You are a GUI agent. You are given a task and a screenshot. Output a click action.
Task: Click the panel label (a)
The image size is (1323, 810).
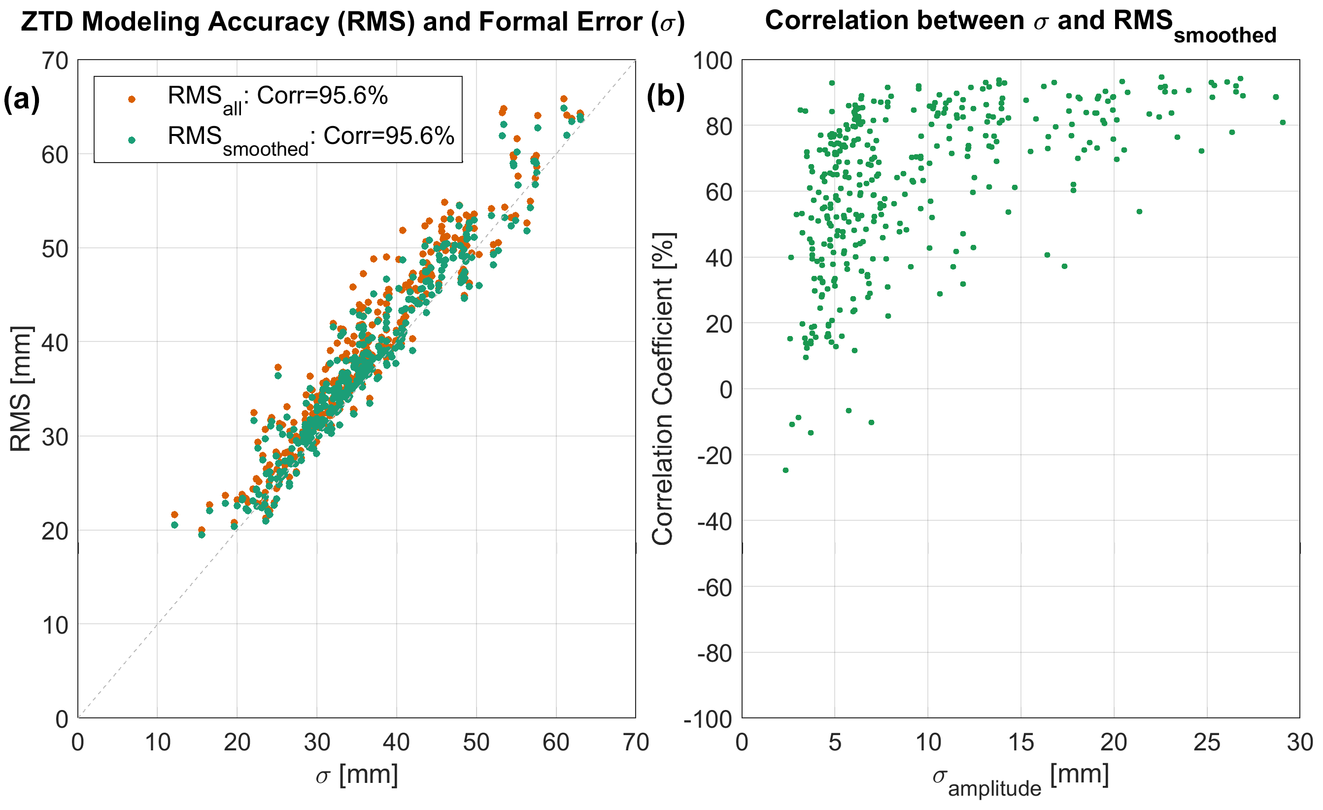pos(22,99)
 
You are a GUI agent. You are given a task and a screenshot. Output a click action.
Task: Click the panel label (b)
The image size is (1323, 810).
pos(665,97)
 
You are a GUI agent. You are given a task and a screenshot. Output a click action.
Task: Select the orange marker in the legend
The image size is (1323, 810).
pos(132,99)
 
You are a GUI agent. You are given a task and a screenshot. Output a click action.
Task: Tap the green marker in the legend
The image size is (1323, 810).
pos(132,140)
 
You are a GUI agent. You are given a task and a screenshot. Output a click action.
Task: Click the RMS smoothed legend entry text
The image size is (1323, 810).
pos(310,138)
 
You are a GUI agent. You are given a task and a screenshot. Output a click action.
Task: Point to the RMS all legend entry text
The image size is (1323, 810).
pos(277,98)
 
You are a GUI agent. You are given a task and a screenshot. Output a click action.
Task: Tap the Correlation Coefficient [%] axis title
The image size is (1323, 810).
pos(663,389)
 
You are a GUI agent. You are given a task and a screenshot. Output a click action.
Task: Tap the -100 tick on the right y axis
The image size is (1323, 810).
pos(708,718)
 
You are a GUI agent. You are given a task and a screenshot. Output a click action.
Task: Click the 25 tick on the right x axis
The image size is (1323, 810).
pos(1207,742)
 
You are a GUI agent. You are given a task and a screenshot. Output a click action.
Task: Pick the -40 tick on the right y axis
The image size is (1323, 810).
pos(714,521)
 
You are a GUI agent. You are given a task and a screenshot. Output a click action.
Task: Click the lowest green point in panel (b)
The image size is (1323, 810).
pos(785,470)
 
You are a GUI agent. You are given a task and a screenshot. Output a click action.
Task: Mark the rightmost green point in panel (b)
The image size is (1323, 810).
pos(1283,122)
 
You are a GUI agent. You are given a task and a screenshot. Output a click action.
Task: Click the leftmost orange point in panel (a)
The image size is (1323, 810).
pos(174,514)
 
